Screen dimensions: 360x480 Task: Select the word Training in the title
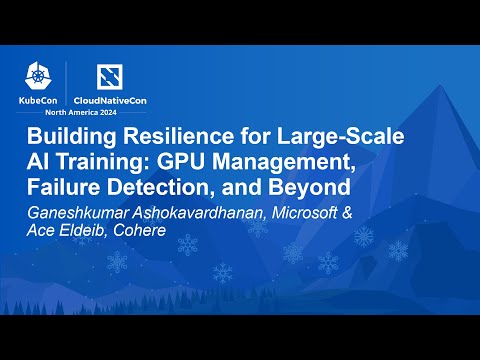coord(125,162)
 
